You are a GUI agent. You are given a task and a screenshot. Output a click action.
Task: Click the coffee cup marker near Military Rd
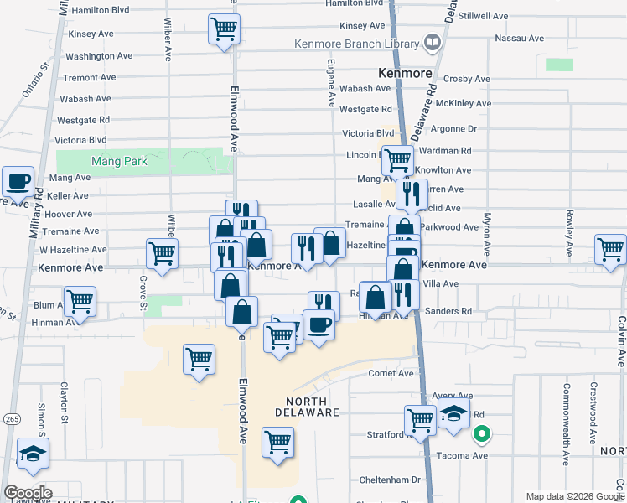[17, 180]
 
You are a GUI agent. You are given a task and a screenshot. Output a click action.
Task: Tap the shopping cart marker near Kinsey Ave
[224, 30]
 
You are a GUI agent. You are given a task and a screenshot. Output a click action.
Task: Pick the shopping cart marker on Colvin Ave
[610, 248]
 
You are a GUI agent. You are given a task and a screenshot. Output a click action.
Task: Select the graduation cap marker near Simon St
[33, 454]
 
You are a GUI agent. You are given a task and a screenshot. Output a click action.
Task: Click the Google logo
[28, 492]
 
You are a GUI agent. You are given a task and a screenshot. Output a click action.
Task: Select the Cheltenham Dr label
[392, 480]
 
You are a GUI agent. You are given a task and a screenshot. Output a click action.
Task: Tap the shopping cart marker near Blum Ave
[80, 300]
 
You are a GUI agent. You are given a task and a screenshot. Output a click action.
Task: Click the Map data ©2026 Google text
[574, 495]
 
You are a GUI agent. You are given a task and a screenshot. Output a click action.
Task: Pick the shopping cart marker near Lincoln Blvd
[397, 158]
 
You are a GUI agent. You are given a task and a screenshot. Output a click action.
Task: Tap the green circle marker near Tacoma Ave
[482, 434]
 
